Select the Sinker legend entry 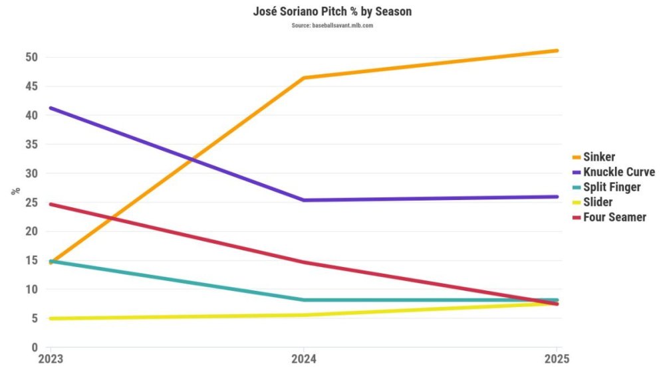click(598, 157)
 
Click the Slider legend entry click(598, 202)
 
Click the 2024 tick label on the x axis click(303, 359)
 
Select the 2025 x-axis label click(557, 359)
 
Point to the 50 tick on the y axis click(30, 57)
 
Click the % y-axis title click(15, 191)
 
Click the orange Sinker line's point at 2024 click(303, 78)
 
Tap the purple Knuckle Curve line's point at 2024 click(303, 200)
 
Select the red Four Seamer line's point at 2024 click(303, 262)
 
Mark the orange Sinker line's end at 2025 click(557, 50)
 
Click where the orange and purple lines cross click(193, 159)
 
